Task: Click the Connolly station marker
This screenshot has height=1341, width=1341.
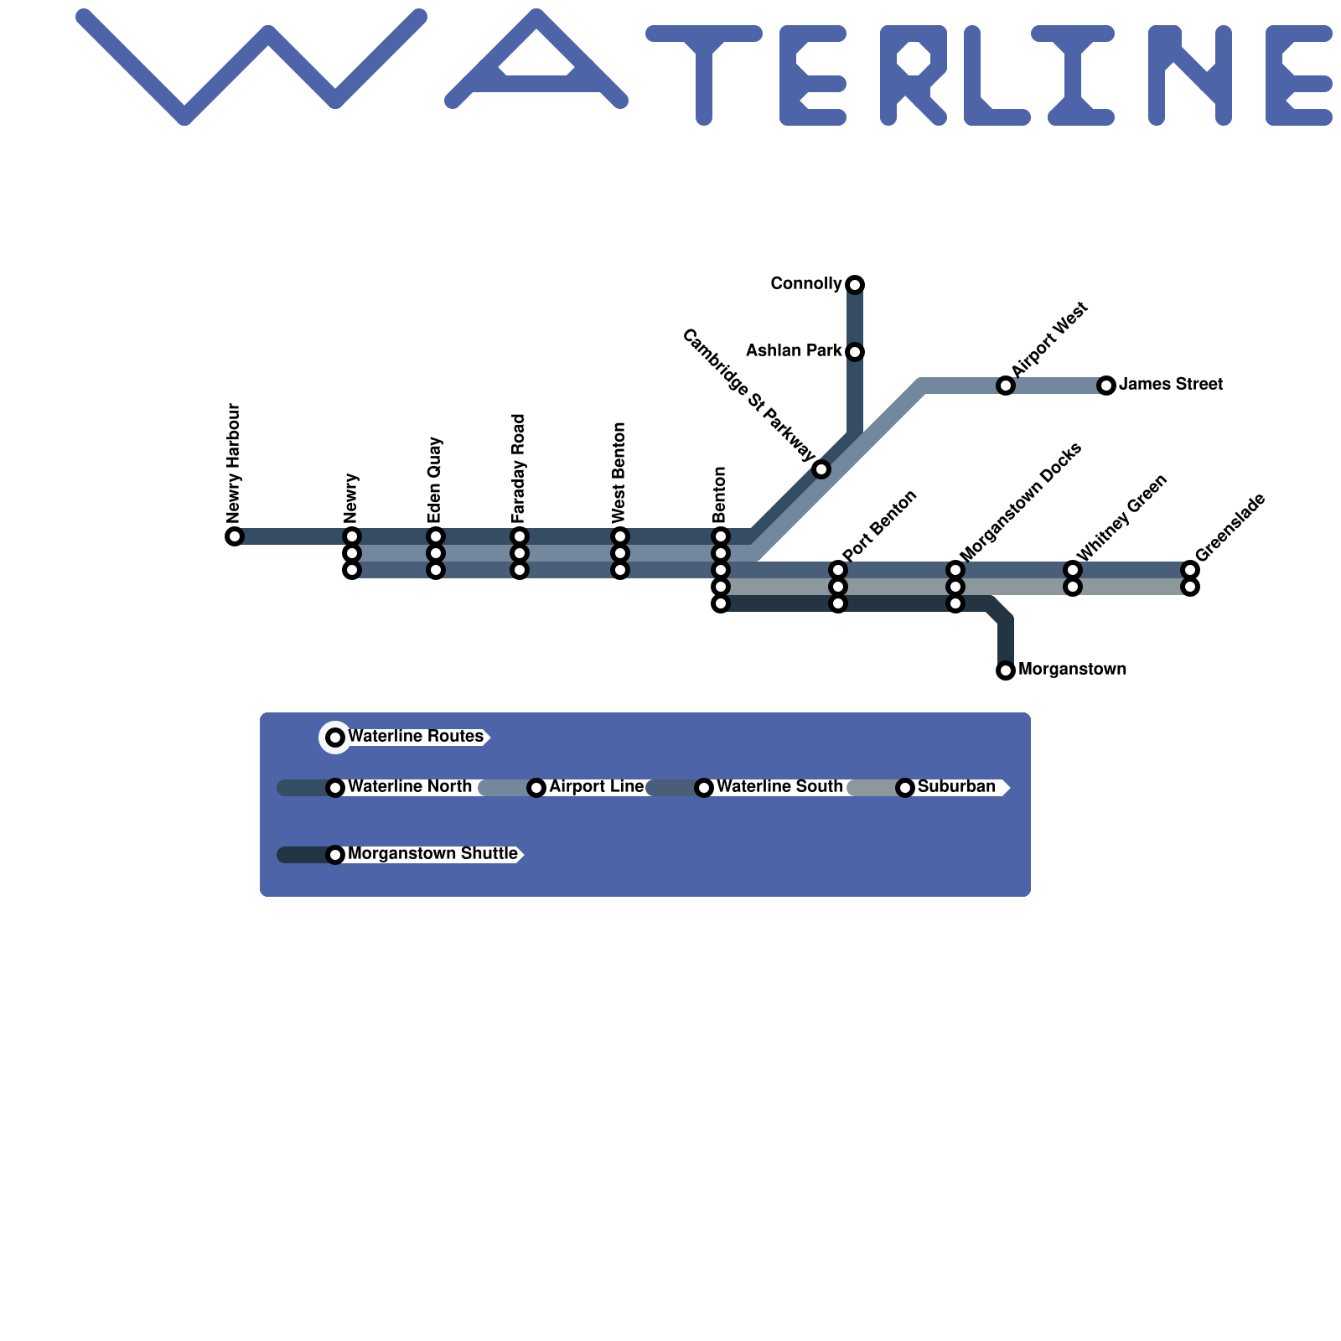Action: coord(855,285)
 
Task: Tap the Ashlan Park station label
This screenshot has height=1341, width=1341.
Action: coord(793,351)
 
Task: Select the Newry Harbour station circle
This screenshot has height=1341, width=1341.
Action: coord(235,536)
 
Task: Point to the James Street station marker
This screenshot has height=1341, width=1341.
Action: coord(1106,386)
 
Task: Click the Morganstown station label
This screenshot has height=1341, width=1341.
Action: coord(1072,670)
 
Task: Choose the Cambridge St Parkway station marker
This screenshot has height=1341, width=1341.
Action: coord(821,469)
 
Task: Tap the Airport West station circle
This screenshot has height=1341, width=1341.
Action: coord(1006,386)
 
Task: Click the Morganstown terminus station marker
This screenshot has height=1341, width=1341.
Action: coord(1006,670)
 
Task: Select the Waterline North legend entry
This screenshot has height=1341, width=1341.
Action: coord(409,787)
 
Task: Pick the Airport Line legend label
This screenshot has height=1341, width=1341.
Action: coord(596,787)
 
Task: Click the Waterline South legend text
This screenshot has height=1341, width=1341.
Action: coord(779,787)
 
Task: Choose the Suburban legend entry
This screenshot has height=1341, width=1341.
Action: coord(956,787)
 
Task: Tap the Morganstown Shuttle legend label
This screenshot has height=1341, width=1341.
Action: coord(432,854)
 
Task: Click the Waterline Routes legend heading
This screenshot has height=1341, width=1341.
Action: coord(416,737)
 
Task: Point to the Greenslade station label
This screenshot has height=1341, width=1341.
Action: coord(1230,529)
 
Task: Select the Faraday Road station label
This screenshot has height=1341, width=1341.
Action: coord(519,469)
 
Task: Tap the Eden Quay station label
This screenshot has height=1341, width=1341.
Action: coord(435,480)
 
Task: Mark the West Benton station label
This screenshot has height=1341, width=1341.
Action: coord(619,472)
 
